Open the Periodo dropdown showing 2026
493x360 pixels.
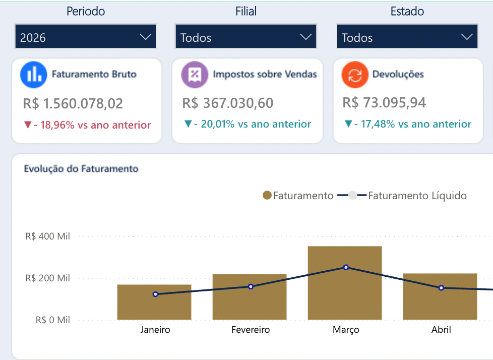click(86, 36)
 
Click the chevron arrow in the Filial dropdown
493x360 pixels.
click(305, 37)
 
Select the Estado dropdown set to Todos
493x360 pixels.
click(407, 36)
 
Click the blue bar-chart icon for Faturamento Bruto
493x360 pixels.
click(34, 75)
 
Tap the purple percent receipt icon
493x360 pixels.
click(195, 75)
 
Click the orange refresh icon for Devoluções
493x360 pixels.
click(355, 75)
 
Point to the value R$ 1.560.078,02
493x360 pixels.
click(73, 103)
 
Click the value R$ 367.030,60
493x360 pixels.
click(228, 103)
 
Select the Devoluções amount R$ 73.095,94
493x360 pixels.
click(384, 102)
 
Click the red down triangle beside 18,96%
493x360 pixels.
click(28, 125)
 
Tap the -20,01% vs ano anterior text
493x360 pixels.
click(253, 124)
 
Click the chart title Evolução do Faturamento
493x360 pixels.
click(81, 169)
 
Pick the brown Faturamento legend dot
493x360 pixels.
click(267, 195)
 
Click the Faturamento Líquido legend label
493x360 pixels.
click(417, 196)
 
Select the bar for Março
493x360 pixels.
click(345, 283)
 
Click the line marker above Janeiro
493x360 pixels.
click(155, 294)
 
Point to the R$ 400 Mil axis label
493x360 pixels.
click(47, 236)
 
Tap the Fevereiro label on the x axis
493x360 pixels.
click(251, 330)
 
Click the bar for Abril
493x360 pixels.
click(440, 296)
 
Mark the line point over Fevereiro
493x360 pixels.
click(251, 286)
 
